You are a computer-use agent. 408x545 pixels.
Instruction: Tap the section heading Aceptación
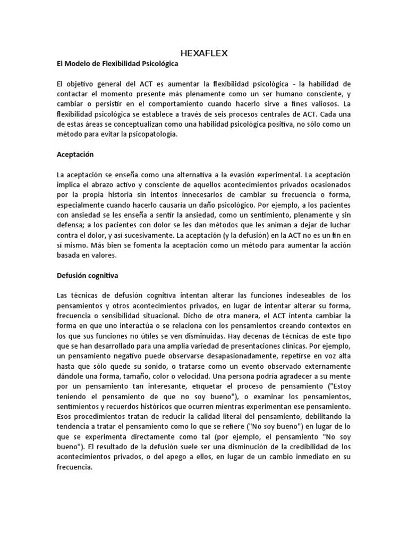tap(75, 155)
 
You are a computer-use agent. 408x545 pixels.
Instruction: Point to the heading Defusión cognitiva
tap(88, 276)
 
